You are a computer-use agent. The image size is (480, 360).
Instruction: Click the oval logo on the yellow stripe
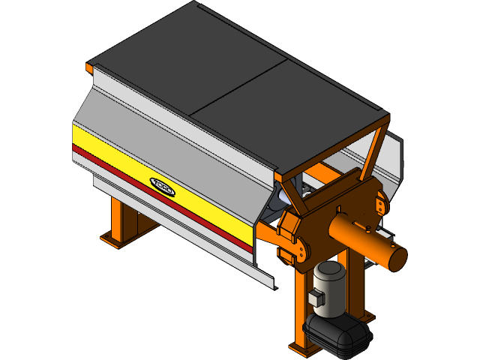(x=162, y=186)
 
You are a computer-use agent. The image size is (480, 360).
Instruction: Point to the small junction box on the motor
(x=314, y=299)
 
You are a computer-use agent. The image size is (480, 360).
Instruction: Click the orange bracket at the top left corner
(x=89, y=69)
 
